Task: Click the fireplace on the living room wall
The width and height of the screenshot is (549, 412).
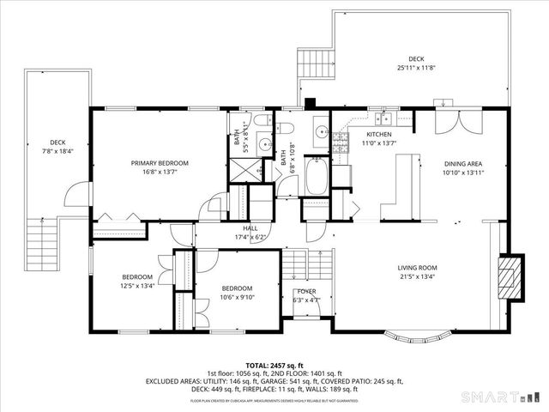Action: tap(511, 277)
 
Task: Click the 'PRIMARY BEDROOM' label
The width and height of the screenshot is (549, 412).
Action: tap(160, 162)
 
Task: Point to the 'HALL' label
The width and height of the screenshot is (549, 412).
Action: tap(250, 228)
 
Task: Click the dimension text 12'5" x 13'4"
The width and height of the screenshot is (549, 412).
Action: tap(137, 286)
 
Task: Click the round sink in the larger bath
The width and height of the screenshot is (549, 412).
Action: tap(319, 133)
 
